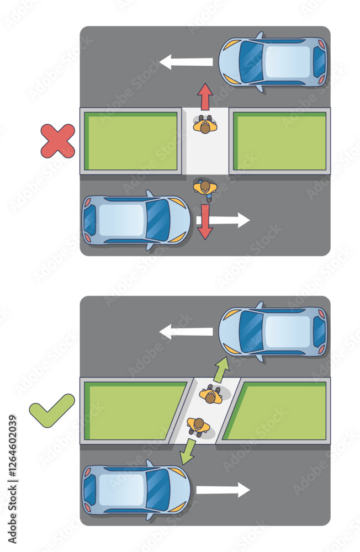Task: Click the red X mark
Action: pos(58,141)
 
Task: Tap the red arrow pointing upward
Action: pos(205,97)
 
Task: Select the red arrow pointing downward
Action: pos(205,222)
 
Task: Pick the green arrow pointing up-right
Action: pos(221,370)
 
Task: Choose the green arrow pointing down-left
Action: pos(188,452)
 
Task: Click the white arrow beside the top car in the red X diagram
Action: pos(186,62)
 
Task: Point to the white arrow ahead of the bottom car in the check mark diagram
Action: pos(223,490)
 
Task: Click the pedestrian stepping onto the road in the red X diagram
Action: pos(205,189)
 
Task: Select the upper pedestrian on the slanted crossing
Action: pos(211,395)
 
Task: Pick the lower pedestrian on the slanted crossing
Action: pos(198,426)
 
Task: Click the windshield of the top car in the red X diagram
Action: pos(251,62)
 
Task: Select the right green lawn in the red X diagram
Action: pos(280,141)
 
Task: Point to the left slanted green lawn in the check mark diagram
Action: pos(133,411)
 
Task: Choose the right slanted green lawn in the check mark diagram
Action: pos(277,411)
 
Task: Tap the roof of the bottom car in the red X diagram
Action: pos(121,220)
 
